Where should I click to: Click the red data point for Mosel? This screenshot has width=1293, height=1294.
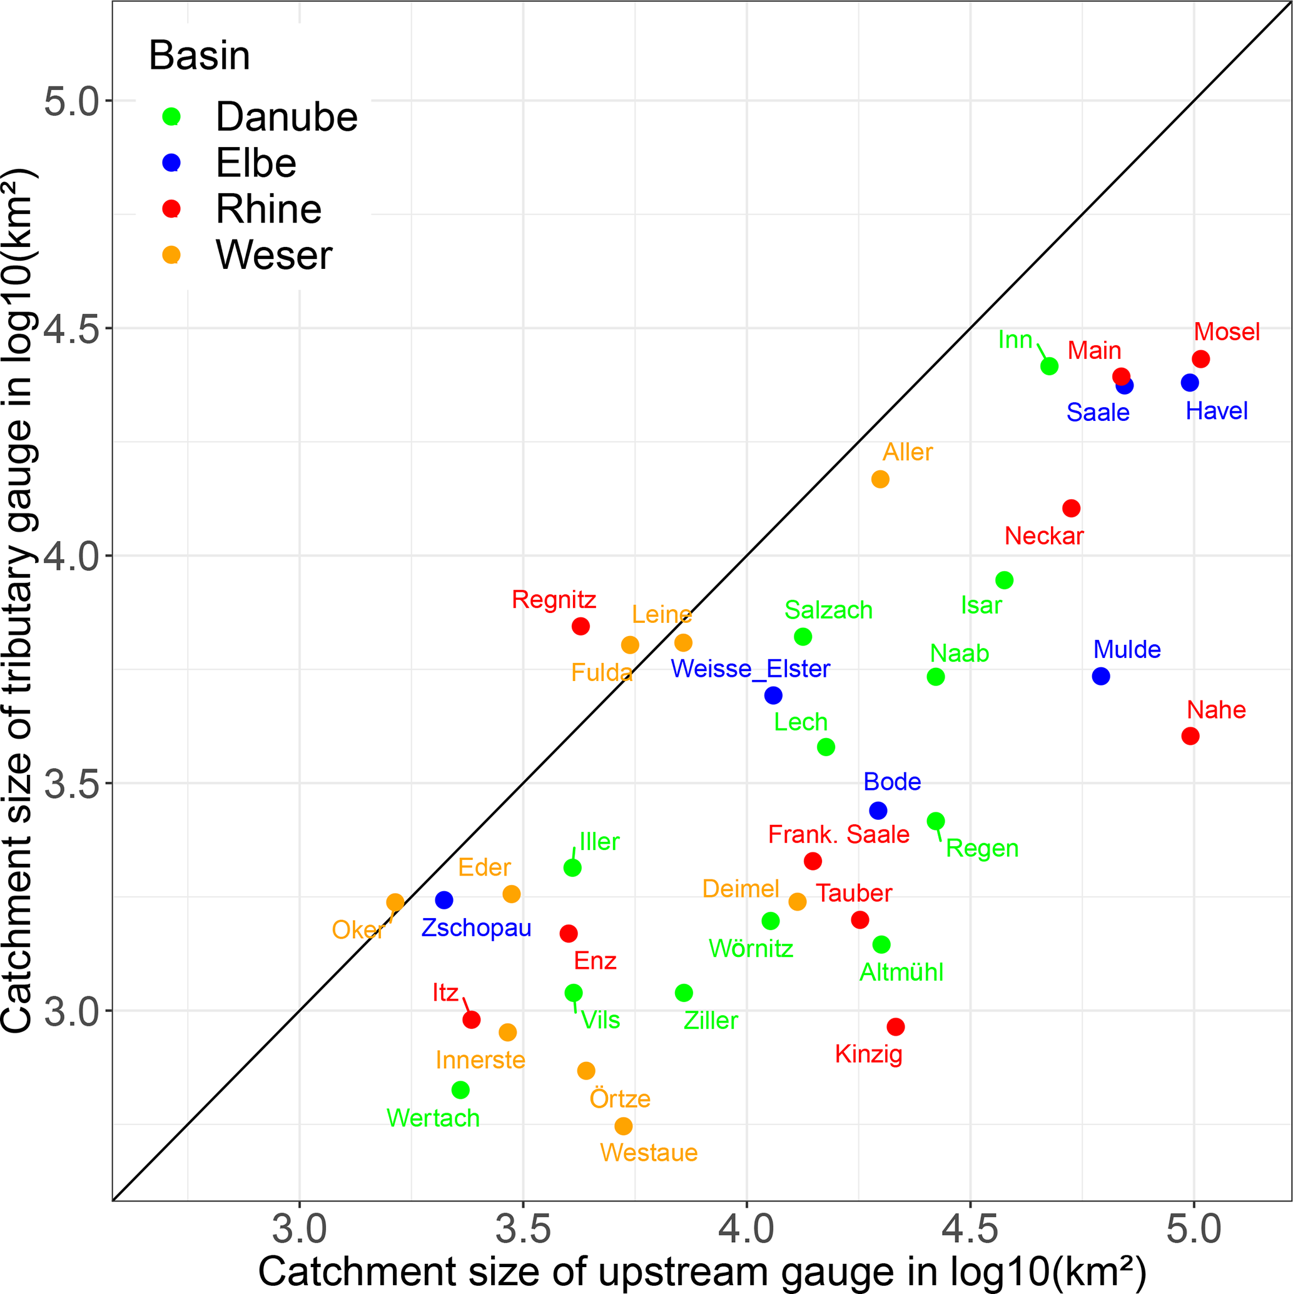pyautogui.click(x=1200, y=359)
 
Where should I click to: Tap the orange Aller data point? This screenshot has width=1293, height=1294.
pyautogui.click(x=880, y=479)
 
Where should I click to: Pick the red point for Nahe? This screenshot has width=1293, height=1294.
pyautogui.click(x=1190, y=736)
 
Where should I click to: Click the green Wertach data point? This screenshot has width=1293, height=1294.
pyautogui.click(x=460, y=1089)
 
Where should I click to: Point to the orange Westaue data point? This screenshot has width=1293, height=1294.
pyautogui.click(x=624, y=1126)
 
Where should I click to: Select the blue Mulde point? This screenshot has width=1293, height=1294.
pyautogui.click(x=1101, y=677)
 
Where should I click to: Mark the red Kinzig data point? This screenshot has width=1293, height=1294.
pyautogui.click(x=896, y=1027)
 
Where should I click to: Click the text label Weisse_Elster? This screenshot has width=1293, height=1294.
pyautogui.click(x=751, y=669)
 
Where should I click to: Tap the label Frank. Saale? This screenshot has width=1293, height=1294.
pyautogui.click(x=838, y=834)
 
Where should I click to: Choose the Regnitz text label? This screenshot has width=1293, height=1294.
pyautogui.click(x=554, y=599)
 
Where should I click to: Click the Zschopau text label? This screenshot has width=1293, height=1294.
pyautogui.click(x=476, y=928)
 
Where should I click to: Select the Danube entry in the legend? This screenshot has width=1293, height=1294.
pyautogui.click(x=286, y=117)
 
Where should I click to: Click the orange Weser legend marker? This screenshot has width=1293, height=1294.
pyautogui.click(x=171, y=255)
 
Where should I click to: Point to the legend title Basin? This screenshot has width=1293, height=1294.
pyautogui.click(x=199, y=56)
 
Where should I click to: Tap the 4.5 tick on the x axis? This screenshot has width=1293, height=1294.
pyautogui.click(x=970, y=1230)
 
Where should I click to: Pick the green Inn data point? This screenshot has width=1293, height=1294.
pyautogui.click(x=1050, y=366)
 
